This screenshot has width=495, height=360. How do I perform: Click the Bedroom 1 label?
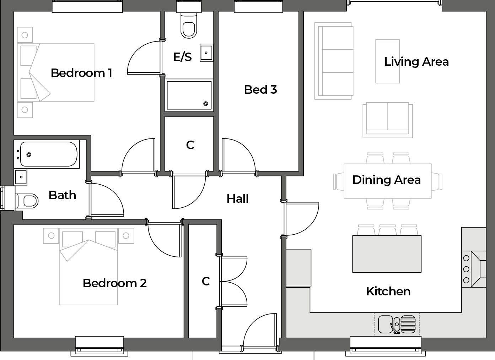81,73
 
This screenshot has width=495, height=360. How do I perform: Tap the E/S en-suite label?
183,57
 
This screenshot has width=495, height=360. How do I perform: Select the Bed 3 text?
260,89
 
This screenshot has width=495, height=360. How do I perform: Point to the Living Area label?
416,62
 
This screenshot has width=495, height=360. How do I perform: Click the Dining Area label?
386,180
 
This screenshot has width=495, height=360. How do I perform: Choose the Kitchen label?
388,291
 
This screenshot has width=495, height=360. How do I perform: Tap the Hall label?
237,198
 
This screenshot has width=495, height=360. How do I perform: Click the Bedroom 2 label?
114,283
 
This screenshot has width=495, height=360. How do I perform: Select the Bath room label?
62,195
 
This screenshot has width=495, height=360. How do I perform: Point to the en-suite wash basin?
206,53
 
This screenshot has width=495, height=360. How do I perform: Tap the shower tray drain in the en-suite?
206,104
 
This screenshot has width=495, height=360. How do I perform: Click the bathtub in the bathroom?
49,154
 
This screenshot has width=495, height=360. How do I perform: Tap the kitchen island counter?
387,254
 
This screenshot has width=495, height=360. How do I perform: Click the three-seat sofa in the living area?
334,61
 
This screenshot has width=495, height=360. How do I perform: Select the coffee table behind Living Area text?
388,61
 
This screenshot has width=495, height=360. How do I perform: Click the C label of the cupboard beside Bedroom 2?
206,281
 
